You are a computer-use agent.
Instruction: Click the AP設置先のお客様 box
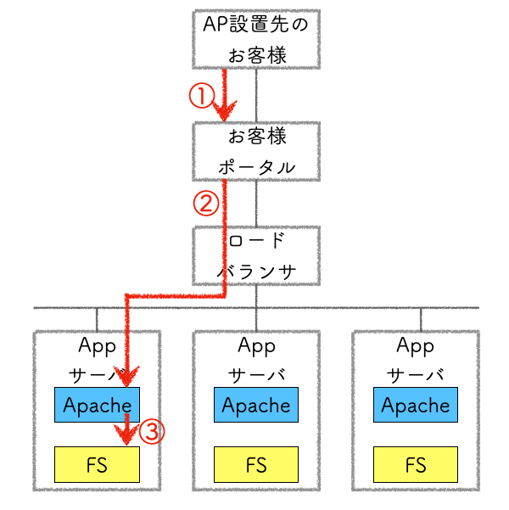point(256,39)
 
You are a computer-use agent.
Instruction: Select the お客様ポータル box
point(256,151)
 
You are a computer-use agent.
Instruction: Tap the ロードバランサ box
point(256,255)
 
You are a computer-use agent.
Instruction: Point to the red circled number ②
point(206,203)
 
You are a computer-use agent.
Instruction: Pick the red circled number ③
point(150,432)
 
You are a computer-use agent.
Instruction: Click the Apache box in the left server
point(97,405)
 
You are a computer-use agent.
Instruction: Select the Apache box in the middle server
point(256,405)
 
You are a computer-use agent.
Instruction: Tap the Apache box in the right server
point(416,405)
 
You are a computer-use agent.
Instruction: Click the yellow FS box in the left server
point(97,464)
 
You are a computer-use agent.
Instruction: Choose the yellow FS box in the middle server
point(256,464)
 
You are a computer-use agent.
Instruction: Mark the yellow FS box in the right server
point(416,464)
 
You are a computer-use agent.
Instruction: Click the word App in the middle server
point(256,345)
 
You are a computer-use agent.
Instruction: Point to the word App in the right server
point(416,345)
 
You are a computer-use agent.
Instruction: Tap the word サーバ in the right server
point(416,374)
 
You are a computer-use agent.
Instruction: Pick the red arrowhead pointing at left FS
point(128,436)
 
